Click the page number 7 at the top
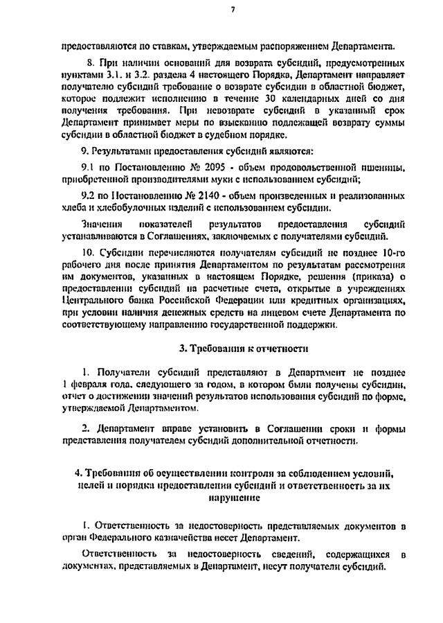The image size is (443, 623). (233, 10)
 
